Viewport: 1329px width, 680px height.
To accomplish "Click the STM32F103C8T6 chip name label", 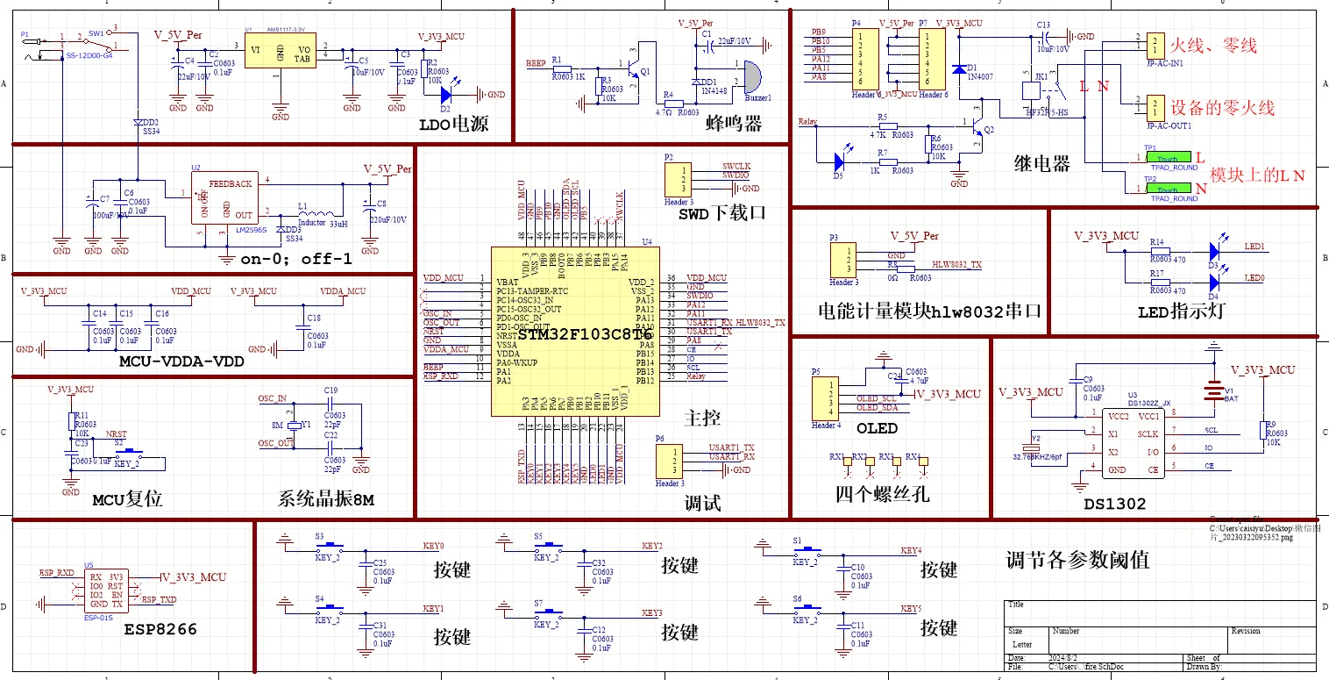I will pyautogui.click(x=584, y=334).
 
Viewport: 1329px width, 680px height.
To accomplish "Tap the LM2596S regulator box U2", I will pyautogui.click(x=226, y=197).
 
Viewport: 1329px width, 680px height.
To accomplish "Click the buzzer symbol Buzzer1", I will pyautogui.click(x=752, y=78).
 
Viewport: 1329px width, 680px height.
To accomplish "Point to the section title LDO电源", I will pyautogui.click(x=452, y=125).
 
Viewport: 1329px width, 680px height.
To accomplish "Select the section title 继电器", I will pyautogui.click(x=1041, y=163).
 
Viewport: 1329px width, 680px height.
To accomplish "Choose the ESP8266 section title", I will pyautogui.click(x=160, y=629).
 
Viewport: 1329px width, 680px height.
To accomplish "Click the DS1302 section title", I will pyautogui.click(x=1116, y=504).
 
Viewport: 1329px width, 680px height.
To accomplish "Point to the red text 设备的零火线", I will pyautogui.click(x=1223, y=107).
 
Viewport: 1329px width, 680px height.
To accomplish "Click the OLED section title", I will pyautogui.click(x=877, y=428).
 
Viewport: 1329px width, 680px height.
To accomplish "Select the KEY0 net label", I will pyautogui.click(x=433, y=546).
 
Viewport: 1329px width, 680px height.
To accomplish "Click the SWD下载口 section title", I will pyautogui.click(x=722, y=212).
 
